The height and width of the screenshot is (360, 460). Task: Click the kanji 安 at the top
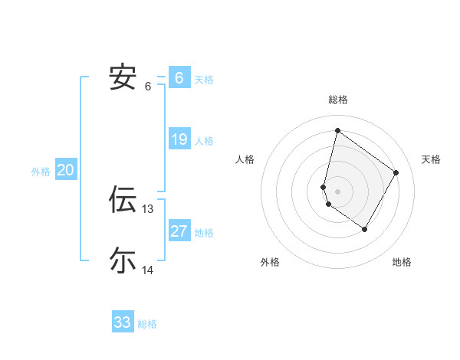[123, 77]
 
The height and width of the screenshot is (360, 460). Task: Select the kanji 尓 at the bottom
[123, 260]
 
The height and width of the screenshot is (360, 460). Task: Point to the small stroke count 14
[148, 270]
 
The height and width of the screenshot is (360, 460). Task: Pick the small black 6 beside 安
[148, 87]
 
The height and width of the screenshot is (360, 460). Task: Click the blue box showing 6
[179, 77]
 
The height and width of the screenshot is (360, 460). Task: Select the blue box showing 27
[179, 231]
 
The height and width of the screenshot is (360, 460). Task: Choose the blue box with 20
[65, 170]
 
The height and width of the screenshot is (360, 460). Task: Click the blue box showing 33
[122, 322]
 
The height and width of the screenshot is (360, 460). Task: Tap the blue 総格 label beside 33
[147, 324]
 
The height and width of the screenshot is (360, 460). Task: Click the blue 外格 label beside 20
[41, 172]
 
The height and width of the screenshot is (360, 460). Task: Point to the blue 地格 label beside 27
[204, 232]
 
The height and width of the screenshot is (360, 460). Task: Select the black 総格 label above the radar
[337, 100]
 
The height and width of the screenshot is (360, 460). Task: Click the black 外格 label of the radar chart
[269, 263]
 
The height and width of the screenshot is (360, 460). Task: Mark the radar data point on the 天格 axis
[396, 172]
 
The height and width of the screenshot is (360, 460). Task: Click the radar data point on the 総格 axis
[337, 130]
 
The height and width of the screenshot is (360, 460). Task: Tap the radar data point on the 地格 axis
[365, 229]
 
